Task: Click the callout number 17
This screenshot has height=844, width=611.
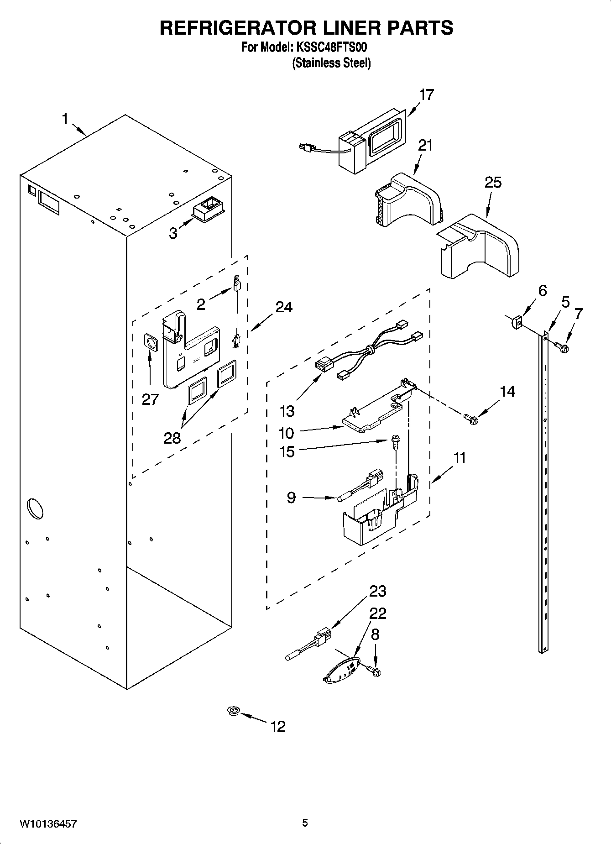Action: pyautogui.click(x=426, y=95)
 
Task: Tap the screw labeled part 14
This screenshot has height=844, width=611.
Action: pyautogui.click(x=470, y=418)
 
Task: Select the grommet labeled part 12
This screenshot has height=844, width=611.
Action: pyautogui.click(x=234, y=711)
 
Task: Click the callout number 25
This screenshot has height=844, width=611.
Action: pyautogui.click(x=493, y=183)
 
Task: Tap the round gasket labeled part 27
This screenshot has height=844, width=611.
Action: pyautogui.click(x=151, y=341)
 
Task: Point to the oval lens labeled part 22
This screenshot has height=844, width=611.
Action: pyautogui.click(x=340, y=670)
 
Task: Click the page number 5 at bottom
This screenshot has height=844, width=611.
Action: pyautogui.click(x=305, y=823)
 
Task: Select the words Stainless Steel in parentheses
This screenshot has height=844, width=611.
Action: pyautogui.click(x=331, y=63)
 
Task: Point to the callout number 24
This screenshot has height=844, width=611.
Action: pyautogui.click(x=283, y=307)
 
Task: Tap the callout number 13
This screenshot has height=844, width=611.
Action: pyautogui.click(x=287, y=411)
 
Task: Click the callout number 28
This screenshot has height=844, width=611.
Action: pyautogui.click(x=172, y=438)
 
